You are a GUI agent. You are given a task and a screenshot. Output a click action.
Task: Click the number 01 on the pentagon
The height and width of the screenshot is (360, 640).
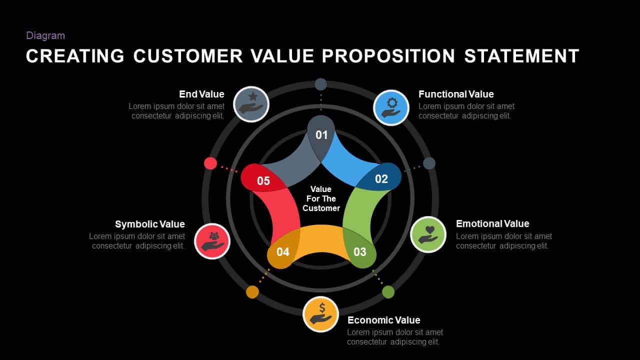(321, 135)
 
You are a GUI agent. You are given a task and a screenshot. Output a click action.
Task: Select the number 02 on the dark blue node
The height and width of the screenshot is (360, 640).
(381, 179)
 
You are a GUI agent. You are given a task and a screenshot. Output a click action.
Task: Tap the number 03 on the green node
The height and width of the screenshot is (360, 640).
(359, 251)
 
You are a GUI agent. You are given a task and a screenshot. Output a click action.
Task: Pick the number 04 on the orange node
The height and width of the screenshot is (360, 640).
(283, 251)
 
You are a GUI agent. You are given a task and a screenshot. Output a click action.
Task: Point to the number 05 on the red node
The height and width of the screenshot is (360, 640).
(263, 180)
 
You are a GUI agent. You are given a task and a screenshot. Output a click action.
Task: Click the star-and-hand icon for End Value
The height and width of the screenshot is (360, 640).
(251, 104)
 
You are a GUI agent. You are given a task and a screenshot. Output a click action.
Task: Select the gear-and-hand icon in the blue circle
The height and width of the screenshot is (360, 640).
(391, 107)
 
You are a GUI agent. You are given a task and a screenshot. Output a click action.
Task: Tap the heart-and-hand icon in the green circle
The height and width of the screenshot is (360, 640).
(428, 234)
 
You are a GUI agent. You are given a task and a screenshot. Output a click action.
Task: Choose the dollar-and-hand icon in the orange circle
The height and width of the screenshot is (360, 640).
(321, 313)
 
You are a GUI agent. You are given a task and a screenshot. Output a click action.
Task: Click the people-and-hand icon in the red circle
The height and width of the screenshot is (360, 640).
(212, 241)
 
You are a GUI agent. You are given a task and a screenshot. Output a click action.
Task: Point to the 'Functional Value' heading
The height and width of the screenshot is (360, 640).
(456, 94)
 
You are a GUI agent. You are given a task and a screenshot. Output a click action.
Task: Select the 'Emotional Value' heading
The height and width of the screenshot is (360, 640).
(492, 223)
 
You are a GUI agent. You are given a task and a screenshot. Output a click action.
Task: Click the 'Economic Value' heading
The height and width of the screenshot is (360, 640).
(383, 320)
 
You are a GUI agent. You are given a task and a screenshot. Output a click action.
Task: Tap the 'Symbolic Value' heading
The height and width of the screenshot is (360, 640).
(149, 224)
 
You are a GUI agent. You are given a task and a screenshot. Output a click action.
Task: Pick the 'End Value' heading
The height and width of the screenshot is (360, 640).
(201, 94)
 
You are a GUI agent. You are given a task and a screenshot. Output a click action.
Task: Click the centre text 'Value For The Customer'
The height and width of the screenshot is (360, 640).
(321, 198)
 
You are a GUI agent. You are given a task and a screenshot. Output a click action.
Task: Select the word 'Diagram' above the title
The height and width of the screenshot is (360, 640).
(45, 35)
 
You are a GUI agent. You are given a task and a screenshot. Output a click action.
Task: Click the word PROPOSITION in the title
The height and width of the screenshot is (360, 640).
(388, 55)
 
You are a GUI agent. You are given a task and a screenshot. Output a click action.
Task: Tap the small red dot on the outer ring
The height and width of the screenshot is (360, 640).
(210, 163)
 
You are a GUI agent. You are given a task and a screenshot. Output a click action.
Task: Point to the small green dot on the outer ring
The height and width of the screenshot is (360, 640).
(388, 292)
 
